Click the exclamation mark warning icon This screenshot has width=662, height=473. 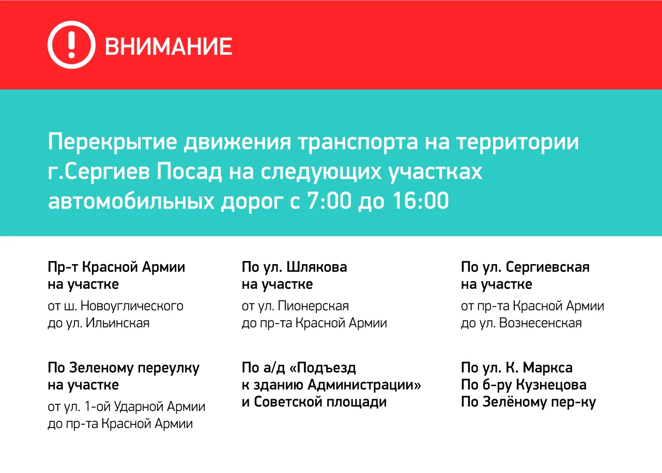click(x=71, y=44)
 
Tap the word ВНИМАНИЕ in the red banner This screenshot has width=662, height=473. click(x=168, y=47)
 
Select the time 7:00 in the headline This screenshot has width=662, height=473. click(x=329, y=201)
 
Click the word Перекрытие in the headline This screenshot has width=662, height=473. click(x=112, y=142)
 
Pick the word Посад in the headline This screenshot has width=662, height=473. click(x=189, y=172)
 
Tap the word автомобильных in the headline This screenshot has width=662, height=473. click(x=131, y=201)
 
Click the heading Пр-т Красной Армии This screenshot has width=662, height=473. click(x=116, y=267)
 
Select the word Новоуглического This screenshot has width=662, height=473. click(x=132, y=306)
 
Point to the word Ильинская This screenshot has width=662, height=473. click(x=118, y=323)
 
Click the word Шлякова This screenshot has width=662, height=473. click(x=316, y=267)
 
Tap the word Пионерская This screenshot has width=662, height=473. click(x=313, y=306)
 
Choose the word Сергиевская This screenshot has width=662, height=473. click(x=548, y=267)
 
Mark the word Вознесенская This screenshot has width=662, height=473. click(x=541, y=323)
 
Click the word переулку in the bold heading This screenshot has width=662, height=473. click(x=168, y=369)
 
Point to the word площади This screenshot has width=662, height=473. click(x=357, y=402)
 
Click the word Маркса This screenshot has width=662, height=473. click(x=548, y=368)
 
